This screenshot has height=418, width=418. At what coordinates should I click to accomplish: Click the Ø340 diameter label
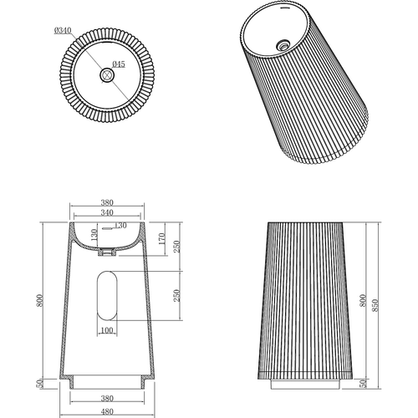click(x=63, y=31)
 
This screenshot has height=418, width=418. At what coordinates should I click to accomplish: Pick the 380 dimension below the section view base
click(x=104, y=399)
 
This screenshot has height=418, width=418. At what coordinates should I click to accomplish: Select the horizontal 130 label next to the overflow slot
click(x=120, y=225)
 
